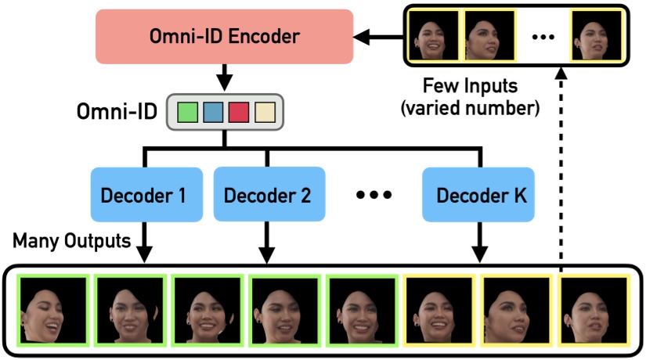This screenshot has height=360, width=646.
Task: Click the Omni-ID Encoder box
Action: click(224, 36)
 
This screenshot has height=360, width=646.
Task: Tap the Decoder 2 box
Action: click(267, 194)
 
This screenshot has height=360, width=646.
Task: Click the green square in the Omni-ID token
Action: click(188, 113)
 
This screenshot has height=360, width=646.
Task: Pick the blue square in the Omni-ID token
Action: click(213, 113)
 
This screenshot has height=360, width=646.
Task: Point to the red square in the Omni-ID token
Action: click(238, 113)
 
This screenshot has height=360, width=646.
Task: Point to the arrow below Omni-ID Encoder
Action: click(224, 78)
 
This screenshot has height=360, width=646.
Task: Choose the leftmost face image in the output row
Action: click(48, 307)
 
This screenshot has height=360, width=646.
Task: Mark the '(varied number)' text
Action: click(469, 107)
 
